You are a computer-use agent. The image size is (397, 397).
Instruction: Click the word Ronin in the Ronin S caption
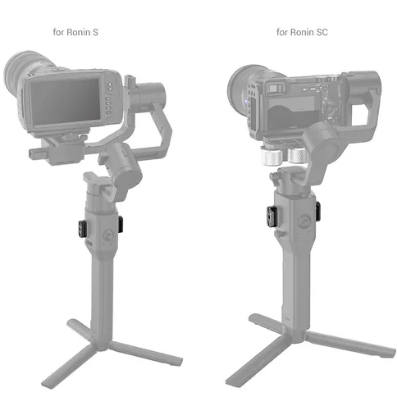(x=79, y=32)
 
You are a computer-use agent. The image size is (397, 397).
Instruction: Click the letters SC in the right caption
(x=322, y=32)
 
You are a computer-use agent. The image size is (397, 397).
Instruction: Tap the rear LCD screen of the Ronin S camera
(x=65, y=100)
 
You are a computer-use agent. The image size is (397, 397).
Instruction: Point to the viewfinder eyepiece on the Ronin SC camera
(x=275, y=88)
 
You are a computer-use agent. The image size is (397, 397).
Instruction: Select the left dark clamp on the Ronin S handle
(x=83, y=228)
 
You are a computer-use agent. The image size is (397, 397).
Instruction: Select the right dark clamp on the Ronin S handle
(x=121, y=222)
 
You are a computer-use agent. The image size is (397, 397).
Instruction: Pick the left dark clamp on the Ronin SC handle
(x=272, y=217)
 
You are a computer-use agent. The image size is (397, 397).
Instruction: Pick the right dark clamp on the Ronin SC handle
(x=317, y=211)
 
